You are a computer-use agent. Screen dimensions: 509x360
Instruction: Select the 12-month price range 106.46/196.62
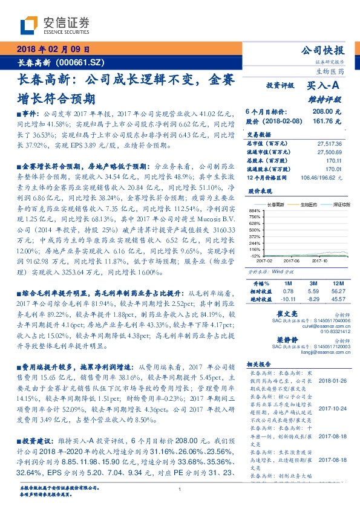[x=321, y=177]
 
